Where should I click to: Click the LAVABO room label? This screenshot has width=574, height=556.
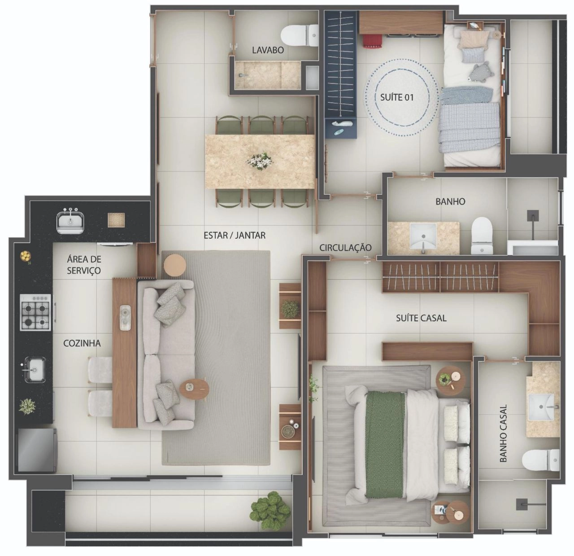268,50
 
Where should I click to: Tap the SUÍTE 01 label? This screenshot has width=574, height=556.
396,97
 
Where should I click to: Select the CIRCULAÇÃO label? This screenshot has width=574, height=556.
345,248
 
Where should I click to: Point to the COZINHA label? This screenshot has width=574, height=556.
82,343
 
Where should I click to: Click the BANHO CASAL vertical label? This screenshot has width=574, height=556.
503,433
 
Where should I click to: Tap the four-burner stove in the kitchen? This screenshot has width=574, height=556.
35,312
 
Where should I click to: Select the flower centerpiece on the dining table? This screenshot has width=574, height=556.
260,161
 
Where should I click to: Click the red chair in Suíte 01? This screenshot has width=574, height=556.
372,40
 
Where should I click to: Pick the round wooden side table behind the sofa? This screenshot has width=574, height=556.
174,265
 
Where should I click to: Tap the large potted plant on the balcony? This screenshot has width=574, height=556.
270,510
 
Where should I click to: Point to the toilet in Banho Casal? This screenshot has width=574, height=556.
541,460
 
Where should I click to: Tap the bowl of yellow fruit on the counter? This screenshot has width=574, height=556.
26,256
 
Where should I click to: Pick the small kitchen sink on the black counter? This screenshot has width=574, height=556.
35,369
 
